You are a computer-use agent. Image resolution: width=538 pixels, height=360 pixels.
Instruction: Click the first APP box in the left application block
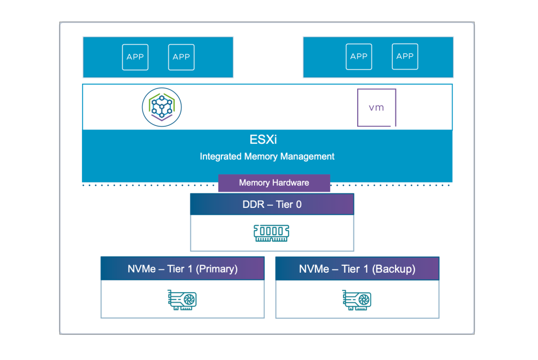[x=135, y=57]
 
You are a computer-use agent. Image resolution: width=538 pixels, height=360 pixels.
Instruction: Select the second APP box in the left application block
[x=181, y=57]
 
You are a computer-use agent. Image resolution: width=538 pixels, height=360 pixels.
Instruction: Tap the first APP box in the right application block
[x=359, y=57]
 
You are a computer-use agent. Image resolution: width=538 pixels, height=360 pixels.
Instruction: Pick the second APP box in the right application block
[x=405, y=57]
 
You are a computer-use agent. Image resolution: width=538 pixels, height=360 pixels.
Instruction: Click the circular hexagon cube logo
[x=161, y=107]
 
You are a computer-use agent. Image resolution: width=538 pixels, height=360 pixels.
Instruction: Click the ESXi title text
[x=263, y=139]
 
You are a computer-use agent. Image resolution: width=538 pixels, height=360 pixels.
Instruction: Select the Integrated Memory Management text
[x=267, y=157]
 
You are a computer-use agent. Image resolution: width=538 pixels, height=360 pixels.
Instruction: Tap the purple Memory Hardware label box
[x=274, y=183]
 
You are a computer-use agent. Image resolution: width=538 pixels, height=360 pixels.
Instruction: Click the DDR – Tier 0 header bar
[x=272, y=204]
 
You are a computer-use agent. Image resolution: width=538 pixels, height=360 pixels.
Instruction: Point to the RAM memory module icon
[x=271, y=233]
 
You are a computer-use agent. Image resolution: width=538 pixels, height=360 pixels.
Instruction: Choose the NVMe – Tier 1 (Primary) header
[x=182, y=268]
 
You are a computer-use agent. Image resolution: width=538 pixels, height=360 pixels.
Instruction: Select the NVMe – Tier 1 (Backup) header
[x=357, y=268]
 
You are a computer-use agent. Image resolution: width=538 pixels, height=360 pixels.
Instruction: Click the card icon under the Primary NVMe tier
[x=182, y=300]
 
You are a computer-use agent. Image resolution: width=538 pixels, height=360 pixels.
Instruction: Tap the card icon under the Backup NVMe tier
[x=357, y=300]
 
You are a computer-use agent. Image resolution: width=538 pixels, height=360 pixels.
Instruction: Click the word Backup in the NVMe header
[x=394, y=269]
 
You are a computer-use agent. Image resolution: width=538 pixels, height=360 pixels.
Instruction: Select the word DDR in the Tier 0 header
[x=253, y=204]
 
